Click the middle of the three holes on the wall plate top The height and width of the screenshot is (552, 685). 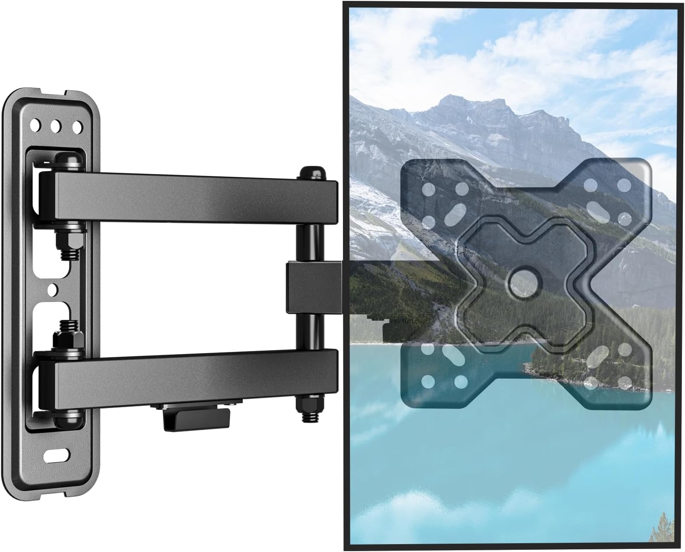tap(56, 127)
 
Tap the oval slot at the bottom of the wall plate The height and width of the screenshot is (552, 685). tap(56, 456)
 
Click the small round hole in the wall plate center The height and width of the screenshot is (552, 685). tap(53, 289)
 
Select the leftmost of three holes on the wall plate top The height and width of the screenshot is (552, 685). tap(35, 126)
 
